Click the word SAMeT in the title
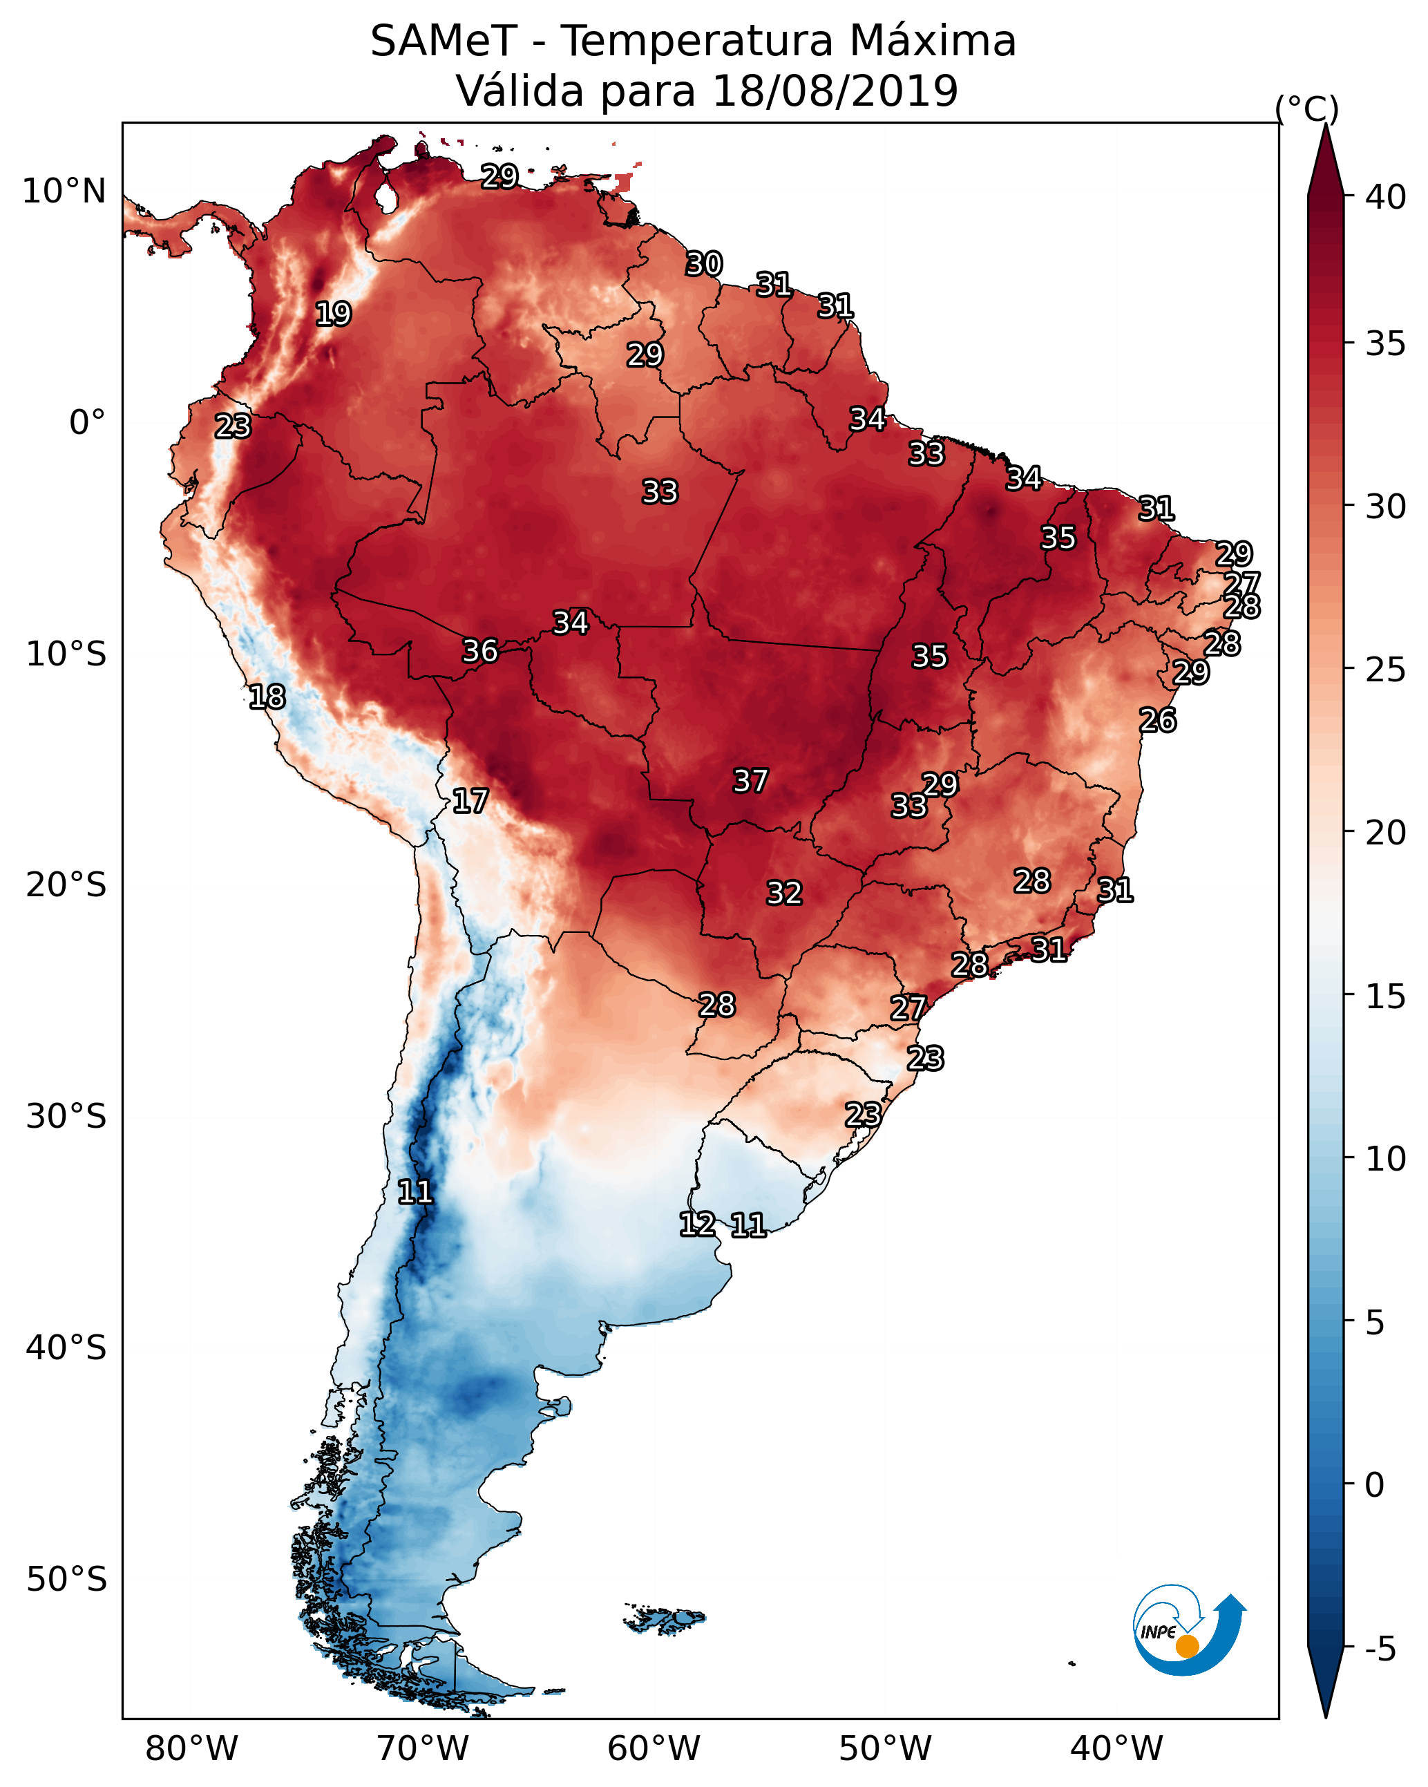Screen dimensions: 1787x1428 444,41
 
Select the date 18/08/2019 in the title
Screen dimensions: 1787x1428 835,91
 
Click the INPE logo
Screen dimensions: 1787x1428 1188,1634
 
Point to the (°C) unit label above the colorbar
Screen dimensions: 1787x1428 1306,108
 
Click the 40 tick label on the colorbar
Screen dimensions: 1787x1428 1385,197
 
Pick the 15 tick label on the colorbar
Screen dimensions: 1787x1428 1385,996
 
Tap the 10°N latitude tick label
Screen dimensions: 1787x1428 64,191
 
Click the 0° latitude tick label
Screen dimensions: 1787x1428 87,423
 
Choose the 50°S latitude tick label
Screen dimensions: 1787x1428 66,1579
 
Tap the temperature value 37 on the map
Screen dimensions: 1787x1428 751,781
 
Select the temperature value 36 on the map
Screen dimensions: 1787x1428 480,652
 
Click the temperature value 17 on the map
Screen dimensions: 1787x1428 470,802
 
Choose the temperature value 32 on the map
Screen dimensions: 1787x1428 784,893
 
